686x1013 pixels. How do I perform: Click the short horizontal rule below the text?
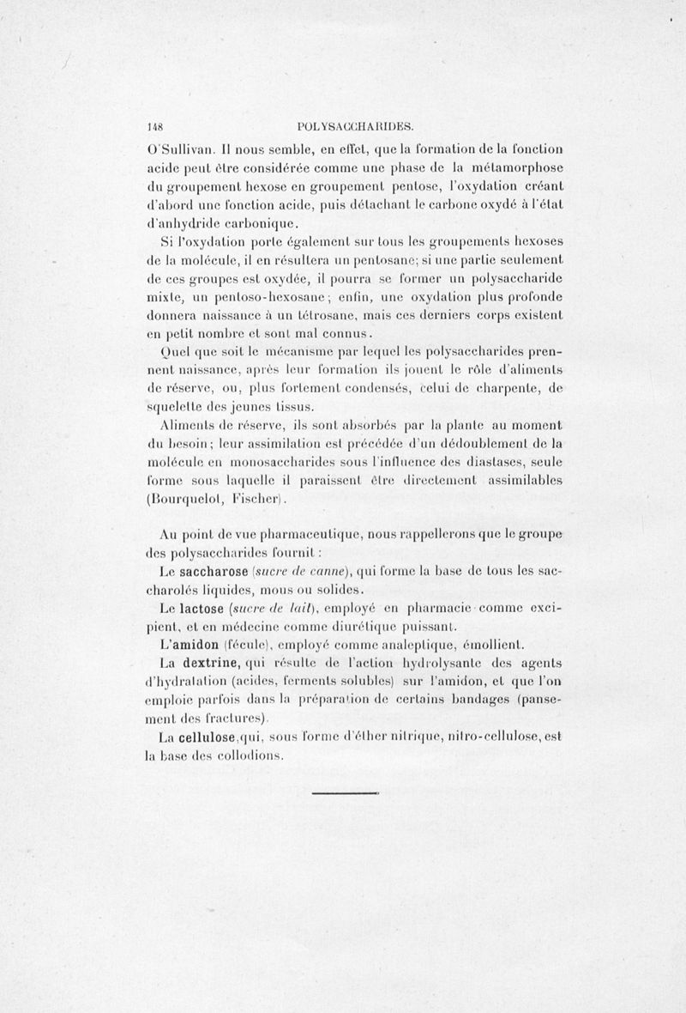point(346,793)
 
